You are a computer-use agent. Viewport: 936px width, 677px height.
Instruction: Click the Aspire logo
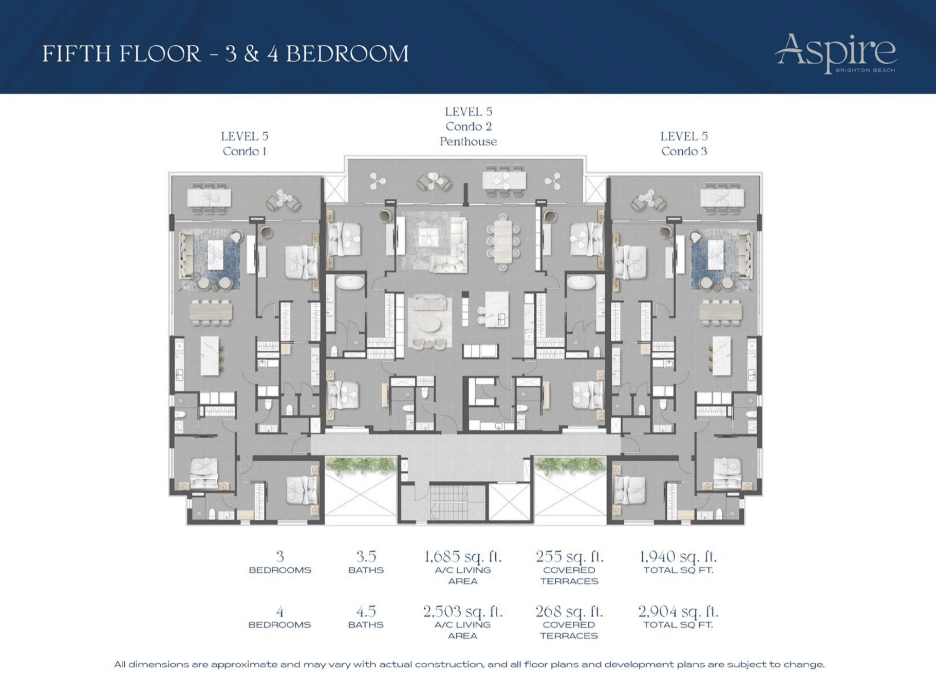pyautogui.click(x=836, y=53)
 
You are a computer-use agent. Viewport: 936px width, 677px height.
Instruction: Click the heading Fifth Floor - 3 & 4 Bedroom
pyautogui.click(x=226, y=54)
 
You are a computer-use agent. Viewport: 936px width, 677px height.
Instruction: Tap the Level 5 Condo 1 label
pyautogui.click(x=245, y=143)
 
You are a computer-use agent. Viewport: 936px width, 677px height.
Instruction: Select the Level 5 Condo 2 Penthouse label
pyautogui.click(x=468, y=126)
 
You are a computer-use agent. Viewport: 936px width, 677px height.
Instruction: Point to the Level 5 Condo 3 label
pyautogui.click(x=684, y=143)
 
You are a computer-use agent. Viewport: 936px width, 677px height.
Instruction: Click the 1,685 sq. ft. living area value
pyautogui.click(x=462, y=556)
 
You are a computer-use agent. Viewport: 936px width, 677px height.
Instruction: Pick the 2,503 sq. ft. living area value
pyautogui.click(x=462, y=611)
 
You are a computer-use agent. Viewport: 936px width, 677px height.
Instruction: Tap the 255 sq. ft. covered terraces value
pyautogui.click(x=569, y=556)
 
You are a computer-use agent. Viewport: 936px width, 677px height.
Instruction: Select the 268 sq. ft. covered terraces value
pyautogui.click(x=569, y=611)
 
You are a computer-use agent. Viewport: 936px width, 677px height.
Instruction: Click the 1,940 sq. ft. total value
pyautogui.click(x=678, y=556)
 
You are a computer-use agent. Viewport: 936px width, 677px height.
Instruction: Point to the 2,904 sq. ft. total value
pyautogui.click(x=678, y=611)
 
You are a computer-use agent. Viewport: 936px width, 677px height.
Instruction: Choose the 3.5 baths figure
pyautogui.click(x=366, y=556)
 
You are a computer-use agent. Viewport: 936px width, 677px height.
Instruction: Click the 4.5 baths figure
pyautogui.click(x=366, y=611)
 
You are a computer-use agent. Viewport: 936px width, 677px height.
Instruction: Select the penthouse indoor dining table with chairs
pyautogui.click(x=502, y=242)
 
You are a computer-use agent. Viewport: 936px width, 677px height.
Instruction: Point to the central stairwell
pyautogui.click(x=448, y=502)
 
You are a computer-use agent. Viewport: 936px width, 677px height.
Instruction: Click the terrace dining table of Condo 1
pyautogui.click(x=209, y=198)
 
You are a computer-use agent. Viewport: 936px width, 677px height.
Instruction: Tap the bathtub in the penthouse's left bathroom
pyautogui.click(x=350, y=283)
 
